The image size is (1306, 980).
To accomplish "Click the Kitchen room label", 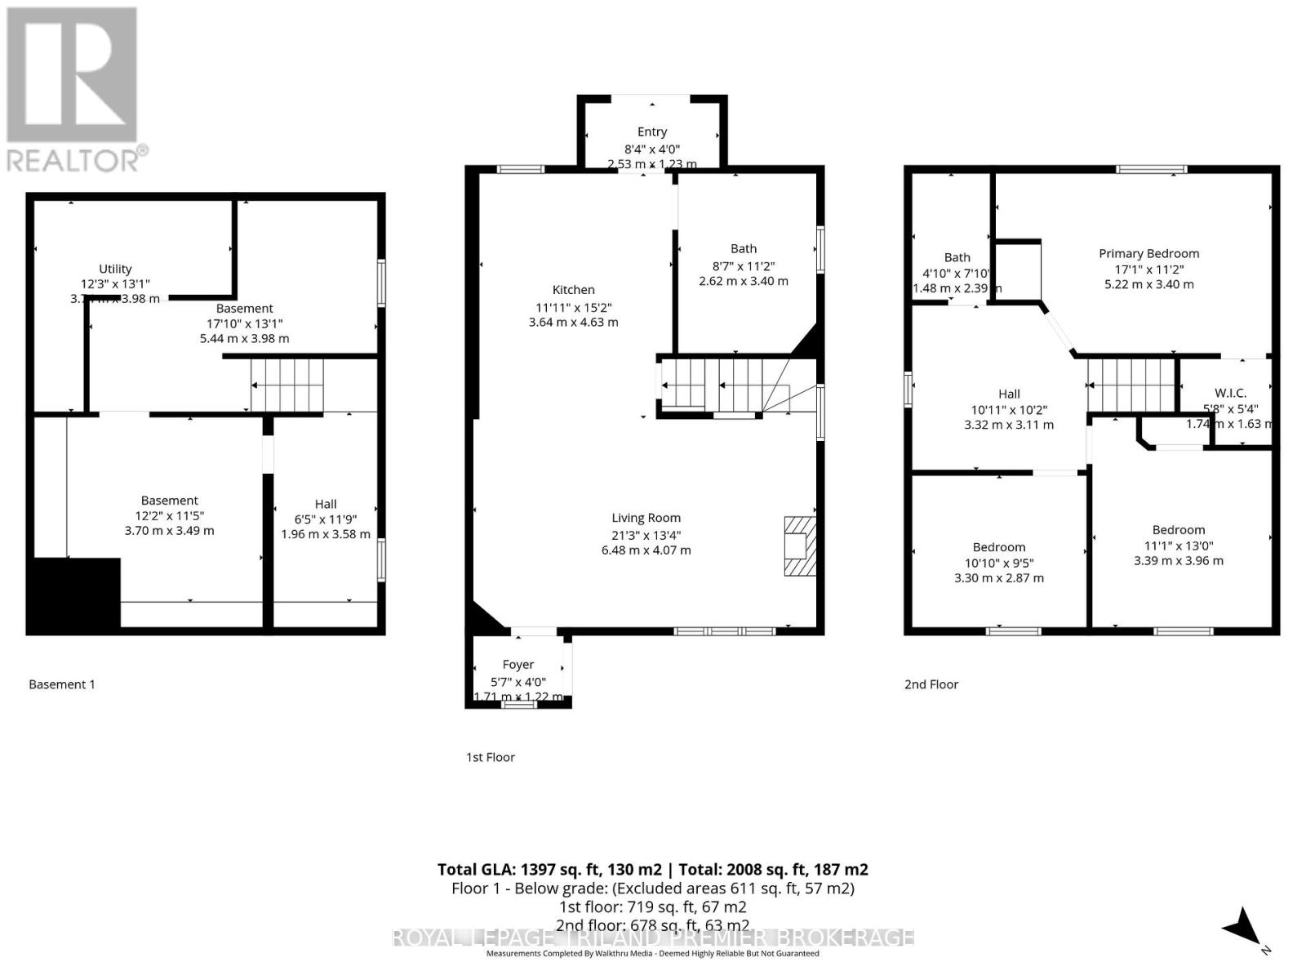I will pyautogui.click(x=573, y=290).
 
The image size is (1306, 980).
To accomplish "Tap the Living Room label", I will pyautogui.click(x=646, y=518).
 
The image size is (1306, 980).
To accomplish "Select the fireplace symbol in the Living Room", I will pyautogui.click(x=799, y=546).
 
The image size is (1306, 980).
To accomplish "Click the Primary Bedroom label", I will pyautogui.click(x=1148, y=254).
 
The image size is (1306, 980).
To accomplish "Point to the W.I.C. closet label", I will pyautogui.click(x=1230, y=394).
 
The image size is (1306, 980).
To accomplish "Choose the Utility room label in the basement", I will pyautogui.click(x=115, y=269).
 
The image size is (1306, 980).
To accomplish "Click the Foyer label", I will pyautogui.click(x=518, y=665).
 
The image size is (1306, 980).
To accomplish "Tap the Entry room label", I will pyautogui.click(x=651, y=131).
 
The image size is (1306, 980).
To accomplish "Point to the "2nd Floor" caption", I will pyautogui.click(x=931, y=684).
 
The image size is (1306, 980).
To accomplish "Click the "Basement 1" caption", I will pyautogui.click(x=62, y=684).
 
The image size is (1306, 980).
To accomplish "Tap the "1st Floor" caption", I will pyautogui.click(x=490, y=757).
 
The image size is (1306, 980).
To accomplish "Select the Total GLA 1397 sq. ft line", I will pyautogui.click(x=652, y=870).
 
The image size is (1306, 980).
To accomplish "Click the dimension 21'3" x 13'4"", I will pyautogui.click(x=646, y=535).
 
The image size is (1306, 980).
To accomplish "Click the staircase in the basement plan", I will pyautogui.click(x=287, y=385).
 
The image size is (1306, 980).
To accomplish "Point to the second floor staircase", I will pyautogui.click(x=1131, y=385).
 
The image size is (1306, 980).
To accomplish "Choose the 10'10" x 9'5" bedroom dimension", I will pyautogui.click(x=998, y=563).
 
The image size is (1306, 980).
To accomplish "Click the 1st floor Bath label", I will pyautogui.click(x=743, y=249).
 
